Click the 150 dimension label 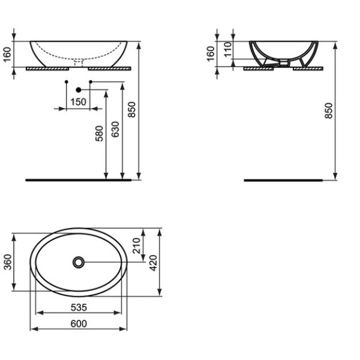tap(77, 101)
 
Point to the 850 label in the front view tap(133, 110)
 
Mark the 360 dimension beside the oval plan tap(8, 262)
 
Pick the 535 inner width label tap(79, 308)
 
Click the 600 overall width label tap(79, 324)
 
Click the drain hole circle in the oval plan tap(79, 262)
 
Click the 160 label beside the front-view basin tap(8, 54)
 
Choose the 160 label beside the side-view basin tap(211, 54)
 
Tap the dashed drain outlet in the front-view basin tap(77, 61)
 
